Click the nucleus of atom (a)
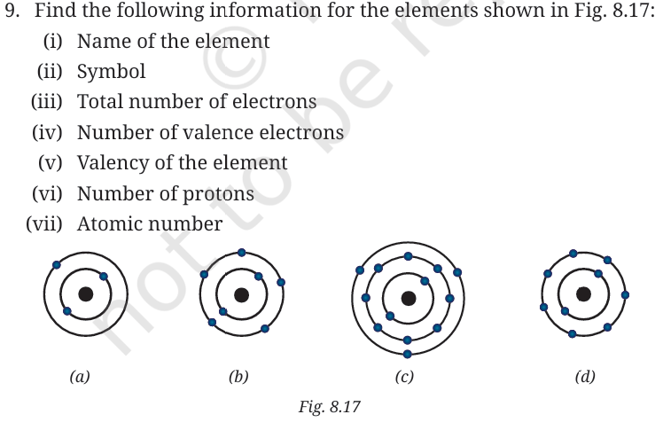[x=86, y=294]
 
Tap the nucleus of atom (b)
[x=241, y=294]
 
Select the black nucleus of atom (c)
[x=408, y=299]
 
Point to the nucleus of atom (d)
[x=583, y=293]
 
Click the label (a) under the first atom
[x=80, y=376]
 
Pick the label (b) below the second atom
[x=238, y=376]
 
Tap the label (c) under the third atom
[x=404, y=376]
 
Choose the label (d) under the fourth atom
[x=585, y=376]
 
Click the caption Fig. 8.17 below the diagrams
[x=330, y=407]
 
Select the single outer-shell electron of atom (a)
[x=56, y=265]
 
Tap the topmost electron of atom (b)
[x=241, y=253]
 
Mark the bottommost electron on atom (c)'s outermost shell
[x=408, y=354]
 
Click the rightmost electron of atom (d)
[x=626, y=294]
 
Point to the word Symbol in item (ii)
[x=111, y=72]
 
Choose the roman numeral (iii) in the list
[x=46, y=102]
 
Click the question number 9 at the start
[x=12, y=10]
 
